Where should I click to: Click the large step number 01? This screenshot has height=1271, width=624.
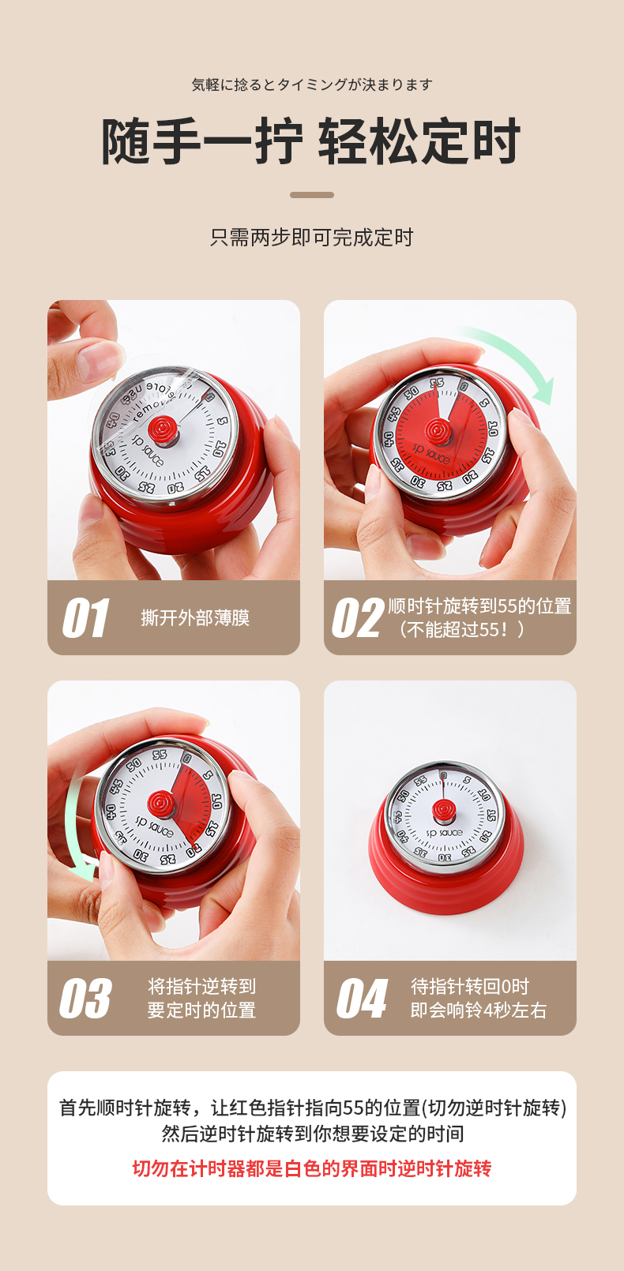(x=85, y=617)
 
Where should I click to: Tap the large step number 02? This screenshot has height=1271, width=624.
(x=359, y=617)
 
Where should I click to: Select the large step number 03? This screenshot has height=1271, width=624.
(x=86, y=998)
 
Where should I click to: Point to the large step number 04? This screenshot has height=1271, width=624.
(x=363, y=998)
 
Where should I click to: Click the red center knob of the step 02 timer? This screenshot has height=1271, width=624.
(x=438, y=431)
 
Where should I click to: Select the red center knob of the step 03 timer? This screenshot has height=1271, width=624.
(x=162, y=804)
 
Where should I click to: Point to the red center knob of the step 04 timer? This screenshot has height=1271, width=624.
(x=443, y=810)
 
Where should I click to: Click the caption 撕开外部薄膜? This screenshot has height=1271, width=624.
(x=195, y=618)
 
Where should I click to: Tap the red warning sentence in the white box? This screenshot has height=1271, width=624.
(x=312, y=1169)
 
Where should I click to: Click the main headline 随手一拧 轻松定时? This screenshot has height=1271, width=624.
(x=311, y=141)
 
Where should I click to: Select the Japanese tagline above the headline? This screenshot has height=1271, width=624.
(x=312, y=84)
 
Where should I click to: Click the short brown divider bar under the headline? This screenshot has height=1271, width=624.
(x=312, y=195)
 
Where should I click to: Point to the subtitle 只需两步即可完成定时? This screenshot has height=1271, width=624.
(x=312, y=237)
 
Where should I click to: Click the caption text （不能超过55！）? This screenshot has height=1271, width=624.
(x=461, y=629)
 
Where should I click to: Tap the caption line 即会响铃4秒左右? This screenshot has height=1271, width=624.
(x=479, y=1010)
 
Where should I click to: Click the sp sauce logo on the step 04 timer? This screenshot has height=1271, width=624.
(x=445, y=833)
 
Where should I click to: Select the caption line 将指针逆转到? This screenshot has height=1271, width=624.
(x=201, y=986)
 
